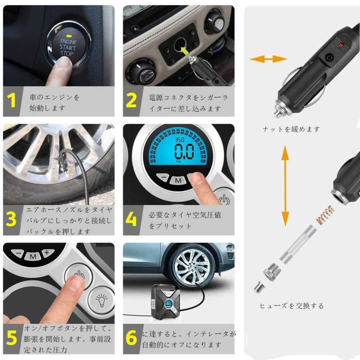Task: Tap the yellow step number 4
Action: click(x=131, y=219)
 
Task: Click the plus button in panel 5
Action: click(x=47, y=252)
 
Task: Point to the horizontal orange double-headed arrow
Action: click(x=268, y=59)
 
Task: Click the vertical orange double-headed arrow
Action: click(x=285, y=186)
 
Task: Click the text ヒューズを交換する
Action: click(x=291, y=306)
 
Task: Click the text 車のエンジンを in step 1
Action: click(x=54, y=97)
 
